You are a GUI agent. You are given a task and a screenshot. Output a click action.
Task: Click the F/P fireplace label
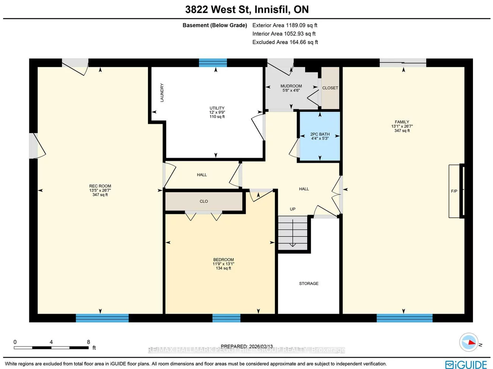(x=454, y=191)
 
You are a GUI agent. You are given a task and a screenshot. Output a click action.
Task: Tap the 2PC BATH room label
(x=320, y=134)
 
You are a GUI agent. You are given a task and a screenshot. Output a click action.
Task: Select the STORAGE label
(x=309, y=284)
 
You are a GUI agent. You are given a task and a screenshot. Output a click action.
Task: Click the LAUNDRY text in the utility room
(x=162, y=93)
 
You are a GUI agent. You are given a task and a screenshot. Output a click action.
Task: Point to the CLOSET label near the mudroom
(x=330, y=88)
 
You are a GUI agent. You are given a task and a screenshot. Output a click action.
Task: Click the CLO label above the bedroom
(x=204, y=201)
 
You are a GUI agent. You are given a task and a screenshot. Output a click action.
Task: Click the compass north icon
(x=469, y=342)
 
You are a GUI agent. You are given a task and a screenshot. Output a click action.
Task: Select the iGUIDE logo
(x=466, y=364)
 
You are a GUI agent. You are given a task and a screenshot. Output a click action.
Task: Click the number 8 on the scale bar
(x=88, y=342)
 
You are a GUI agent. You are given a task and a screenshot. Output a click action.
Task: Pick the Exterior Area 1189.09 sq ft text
(x=285, y=25)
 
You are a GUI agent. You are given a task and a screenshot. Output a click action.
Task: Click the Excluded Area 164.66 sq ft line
(x=285, y=42)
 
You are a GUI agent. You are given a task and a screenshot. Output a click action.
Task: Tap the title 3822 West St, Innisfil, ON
(x=247, y=9)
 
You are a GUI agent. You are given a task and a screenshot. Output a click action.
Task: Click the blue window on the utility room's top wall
(x=213, y=63)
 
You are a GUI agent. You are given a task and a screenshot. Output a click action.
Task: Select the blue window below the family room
(x=404, y=318)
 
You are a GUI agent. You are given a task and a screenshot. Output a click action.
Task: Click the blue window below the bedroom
(x=226, y=318)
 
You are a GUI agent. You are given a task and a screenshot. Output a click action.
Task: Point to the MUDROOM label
(x=291, y=86)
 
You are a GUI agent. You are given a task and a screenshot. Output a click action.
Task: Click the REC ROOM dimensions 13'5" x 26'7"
(x=100, y=190)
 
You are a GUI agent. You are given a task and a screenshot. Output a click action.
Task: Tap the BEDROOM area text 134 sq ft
(x=223, y=268)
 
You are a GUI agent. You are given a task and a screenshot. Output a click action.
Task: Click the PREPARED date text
(x=246, y=346)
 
